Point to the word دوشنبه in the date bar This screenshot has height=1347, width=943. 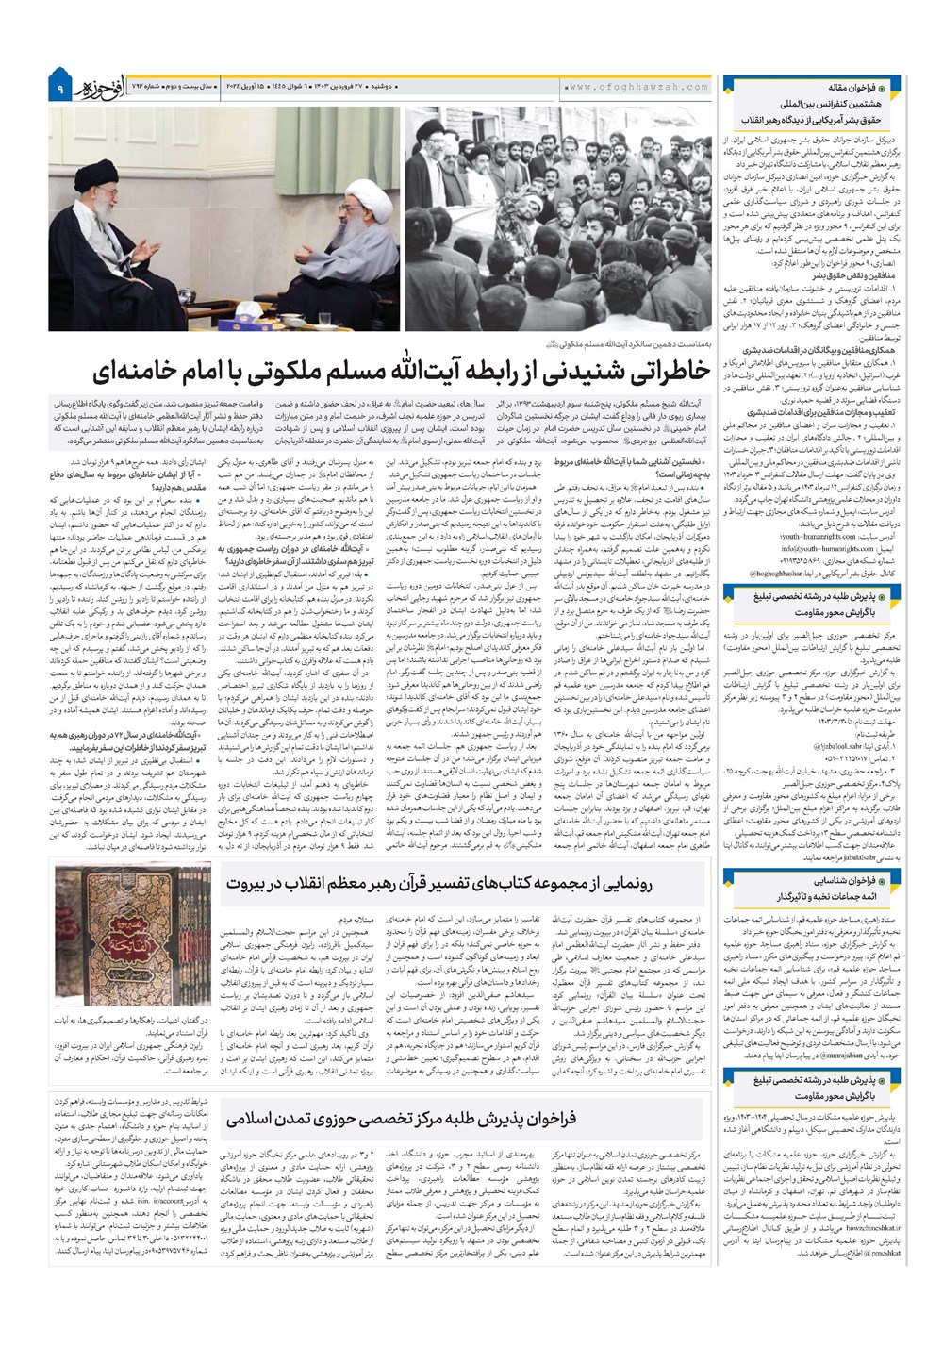click(x=381, y=87)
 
